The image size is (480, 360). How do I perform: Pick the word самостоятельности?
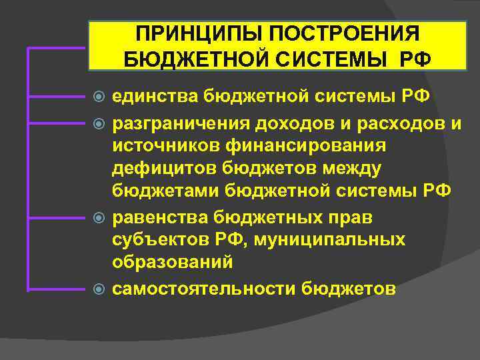click(x=204, y=288)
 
